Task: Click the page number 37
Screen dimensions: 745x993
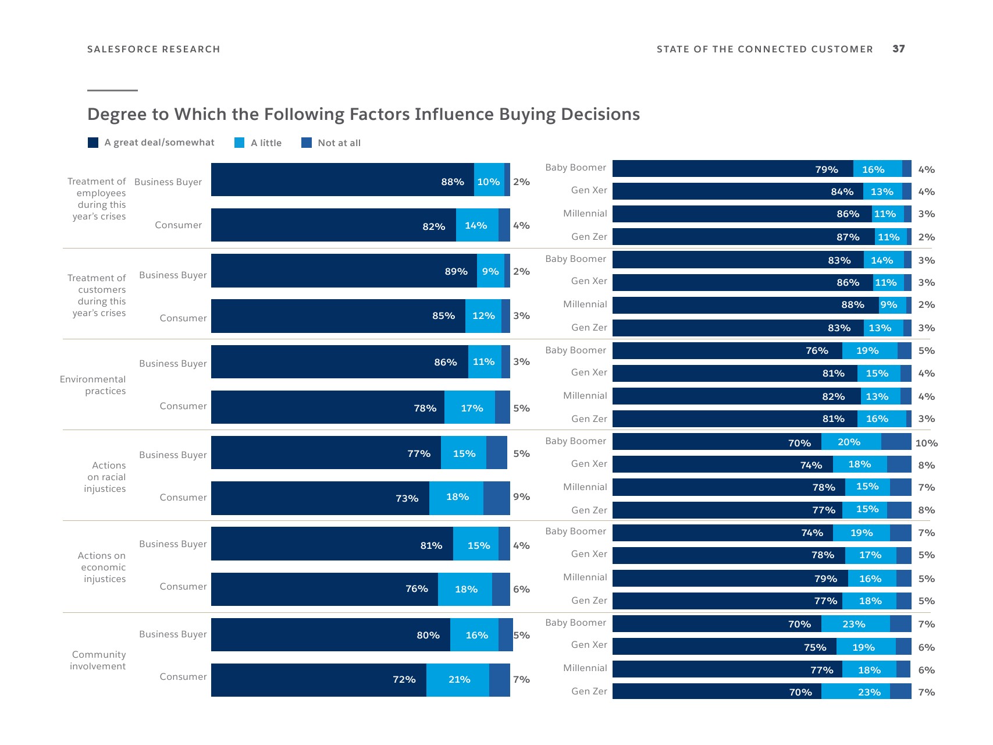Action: pos(898,49)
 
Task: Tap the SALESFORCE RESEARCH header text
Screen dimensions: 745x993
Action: pos(154,49)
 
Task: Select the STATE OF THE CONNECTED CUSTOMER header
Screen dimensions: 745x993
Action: pos(764,49)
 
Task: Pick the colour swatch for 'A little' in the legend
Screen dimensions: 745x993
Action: pos(239,143)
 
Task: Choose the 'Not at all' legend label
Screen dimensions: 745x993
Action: pos(339,143)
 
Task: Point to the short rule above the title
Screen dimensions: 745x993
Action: pos(112,91)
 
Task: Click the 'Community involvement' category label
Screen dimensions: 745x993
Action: pos(98,661)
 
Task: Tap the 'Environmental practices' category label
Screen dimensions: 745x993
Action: pos(93,385)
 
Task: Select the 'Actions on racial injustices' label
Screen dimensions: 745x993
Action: pos(105,477)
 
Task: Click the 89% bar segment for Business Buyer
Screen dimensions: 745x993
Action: pos(344,271)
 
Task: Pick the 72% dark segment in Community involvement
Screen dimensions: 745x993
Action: pos(318,680)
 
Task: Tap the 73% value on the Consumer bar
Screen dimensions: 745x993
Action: pos(407,498)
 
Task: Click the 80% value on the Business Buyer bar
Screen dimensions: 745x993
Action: pos(428,635)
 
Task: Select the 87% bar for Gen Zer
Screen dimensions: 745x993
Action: pos(743,237)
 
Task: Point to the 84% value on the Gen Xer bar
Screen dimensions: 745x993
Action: pos(842,191)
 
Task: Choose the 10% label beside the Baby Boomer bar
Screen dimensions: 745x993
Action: pos(926,443)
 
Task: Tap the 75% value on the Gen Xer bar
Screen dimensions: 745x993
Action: pos(815,647)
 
